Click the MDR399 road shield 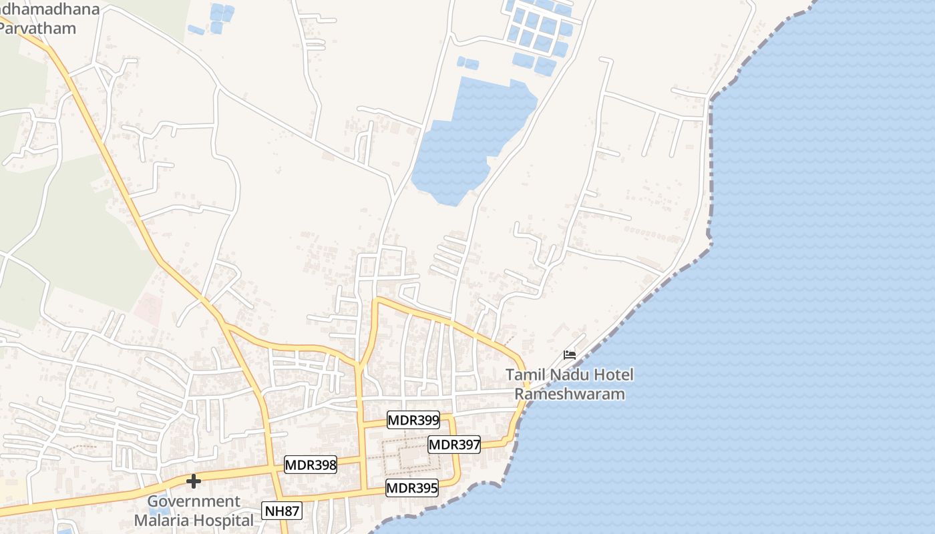pos(413,420)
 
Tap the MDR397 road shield pos(454,445)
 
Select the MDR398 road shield pos(311,465)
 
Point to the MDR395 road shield pos(412,488)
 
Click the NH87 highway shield pos(282,511)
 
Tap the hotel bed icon pos(570,354)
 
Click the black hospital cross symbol pos(194,481)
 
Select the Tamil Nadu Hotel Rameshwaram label pos(569,384)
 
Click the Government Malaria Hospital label pos(194,511)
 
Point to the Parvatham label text pos(38,29)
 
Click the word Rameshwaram pos(570,394)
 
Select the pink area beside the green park pos(148,308)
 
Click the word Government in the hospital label pos(194,501)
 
